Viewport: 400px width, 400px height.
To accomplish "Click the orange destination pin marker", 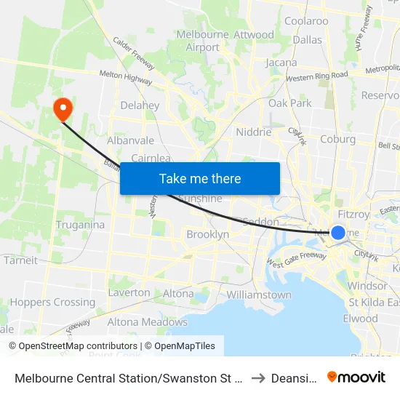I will point(63,109).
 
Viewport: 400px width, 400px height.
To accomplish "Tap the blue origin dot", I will point(338,233).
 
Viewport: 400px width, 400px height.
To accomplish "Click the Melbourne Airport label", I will point(198,41).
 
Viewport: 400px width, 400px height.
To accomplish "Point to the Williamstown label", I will point(259,295).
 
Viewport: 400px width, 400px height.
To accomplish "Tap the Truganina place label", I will point(79,225).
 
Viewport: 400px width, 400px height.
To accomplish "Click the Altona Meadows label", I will point(147,321).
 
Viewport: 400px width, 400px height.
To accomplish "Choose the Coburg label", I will point(337,139).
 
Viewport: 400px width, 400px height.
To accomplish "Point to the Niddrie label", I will point(254,132).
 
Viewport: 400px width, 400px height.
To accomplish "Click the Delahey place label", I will point(140,105).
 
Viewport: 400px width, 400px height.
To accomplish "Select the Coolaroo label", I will point(306,21).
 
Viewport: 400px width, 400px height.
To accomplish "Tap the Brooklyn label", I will point(207,234).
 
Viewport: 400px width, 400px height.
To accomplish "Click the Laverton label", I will point(129,292).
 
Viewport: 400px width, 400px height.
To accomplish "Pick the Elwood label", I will point(360,318).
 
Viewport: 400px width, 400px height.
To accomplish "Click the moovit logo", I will point(356,377).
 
